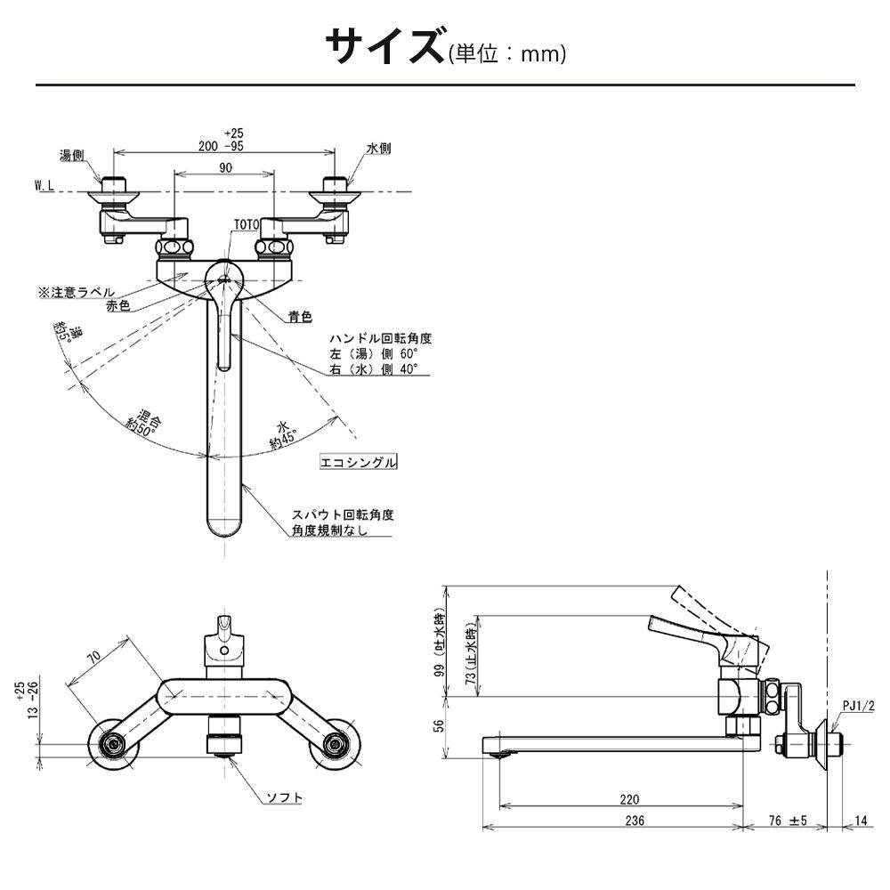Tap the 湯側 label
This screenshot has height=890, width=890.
pyautogui.click(x=71, y=153)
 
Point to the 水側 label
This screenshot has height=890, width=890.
pyautogui.click(x=378, y=149)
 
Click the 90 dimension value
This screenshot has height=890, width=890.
pyautogui.click(x=223, y=167)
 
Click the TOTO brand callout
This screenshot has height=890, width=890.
pyautogui.click(x=246, y=225)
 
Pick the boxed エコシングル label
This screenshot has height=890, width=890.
pyautogui.click(x=359, y=463)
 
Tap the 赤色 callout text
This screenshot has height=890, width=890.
pyautogui.click(x=117, y=305)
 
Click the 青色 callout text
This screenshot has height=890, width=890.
pyautogui.click(x=300, y=316)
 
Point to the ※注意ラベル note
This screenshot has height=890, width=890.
pyautogui.click(x=76, y=291)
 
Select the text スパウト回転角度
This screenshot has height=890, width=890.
pyautogui.click(x=343, y=514)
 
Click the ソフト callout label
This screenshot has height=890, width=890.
pyautogui.click(x=285, y=797)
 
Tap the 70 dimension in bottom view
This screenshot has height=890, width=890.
pyautogui.click(x=92, y=658)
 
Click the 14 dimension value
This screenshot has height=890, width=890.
pyautogui.click(x=862, y=821)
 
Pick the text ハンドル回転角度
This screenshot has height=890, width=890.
pyautogui.click(x=380, y=339)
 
